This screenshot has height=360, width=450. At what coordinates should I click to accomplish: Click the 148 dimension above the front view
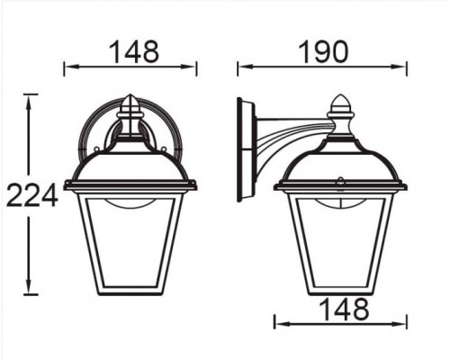(x=133, y=51)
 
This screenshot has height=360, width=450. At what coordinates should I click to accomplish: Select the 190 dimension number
(x=322, y=51)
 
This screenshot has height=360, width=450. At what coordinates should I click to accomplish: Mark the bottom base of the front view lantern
(x=130, y=293)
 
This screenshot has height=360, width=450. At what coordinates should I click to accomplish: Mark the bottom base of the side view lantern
(x=341, y=293)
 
